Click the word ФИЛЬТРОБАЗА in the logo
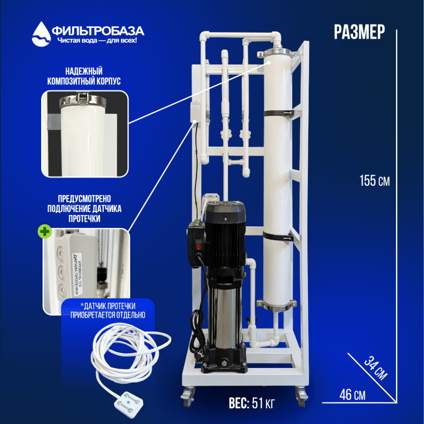coord(98,31)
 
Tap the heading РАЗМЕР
coord(359,32)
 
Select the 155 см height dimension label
coord(375,181)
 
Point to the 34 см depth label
coord(375,368)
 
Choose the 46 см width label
coord(352,395)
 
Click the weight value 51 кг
coord(263,403)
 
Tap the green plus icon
coord(45,232)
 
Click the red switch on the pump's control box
coord(199,246)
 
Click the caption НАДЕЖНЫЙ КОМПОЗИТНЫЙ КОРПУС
coord(84,76)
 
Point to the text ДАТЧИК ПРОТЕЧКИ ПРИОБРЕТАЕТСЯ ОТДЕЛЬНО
coord(108,310)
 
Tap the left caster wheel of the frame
coord(188,397)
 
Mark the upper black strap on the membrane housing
coord(278,113)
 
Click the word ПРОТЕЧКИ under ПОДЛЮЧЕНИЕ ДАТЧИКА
coord(84,218)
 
